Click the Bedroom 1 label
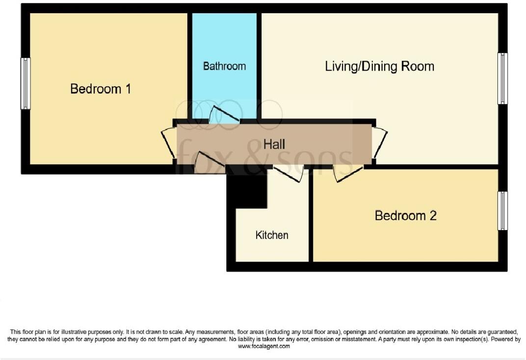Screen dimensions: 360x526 tap(101, 89)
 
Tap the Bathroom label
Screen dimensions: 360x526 tap(224, 66)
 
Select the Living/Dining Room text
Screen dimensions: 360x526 tap(379, 66)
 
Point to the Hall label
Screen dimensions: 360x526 tap(274, 144)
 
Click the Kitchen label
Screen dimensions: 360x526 tap(272, 235)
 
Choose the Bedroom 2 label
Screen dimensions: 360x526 tap(405, 215)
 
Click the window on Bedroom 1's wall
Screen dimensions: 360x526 tap(25, 83)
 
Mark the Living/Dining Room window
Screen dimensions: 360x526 tap(502, 78)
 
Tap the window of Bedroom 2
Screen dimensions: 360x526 tap(502, 211)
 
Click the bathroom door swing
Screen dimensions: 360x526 tap(224, 114)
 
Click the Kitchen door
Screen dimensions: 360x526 tap(289, 174)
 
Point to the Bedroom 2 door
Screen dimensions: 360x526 tap(348, 174)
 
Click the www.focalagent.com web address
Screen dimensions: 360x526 tap(263, 346)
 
